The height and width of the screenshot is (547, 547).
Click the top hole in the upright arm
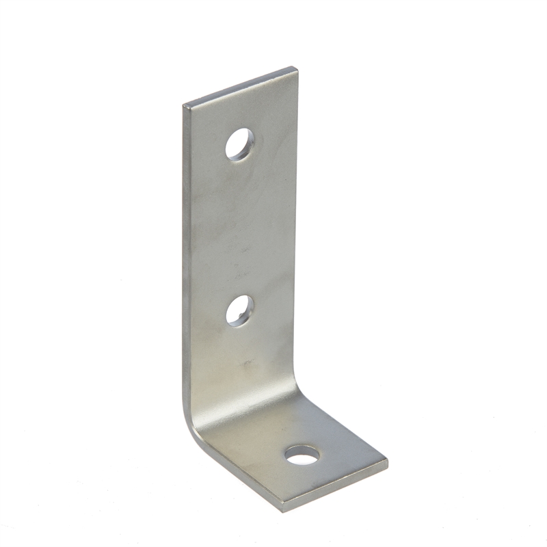239,144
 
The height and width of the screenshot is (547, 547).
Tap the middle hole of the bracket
239,311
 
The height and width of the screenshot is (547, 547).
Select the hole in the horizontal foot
302,455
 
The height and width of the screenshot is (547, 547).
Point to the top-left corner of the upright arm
185,105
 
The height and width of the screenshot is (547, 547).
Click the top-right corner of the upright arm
296,68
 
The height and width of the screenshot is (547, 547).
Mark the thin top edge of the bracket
239,85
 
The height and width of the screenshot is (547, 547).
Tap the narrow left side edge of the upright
186,260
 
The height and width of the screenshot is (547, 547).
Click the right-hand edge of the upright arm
297,232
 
